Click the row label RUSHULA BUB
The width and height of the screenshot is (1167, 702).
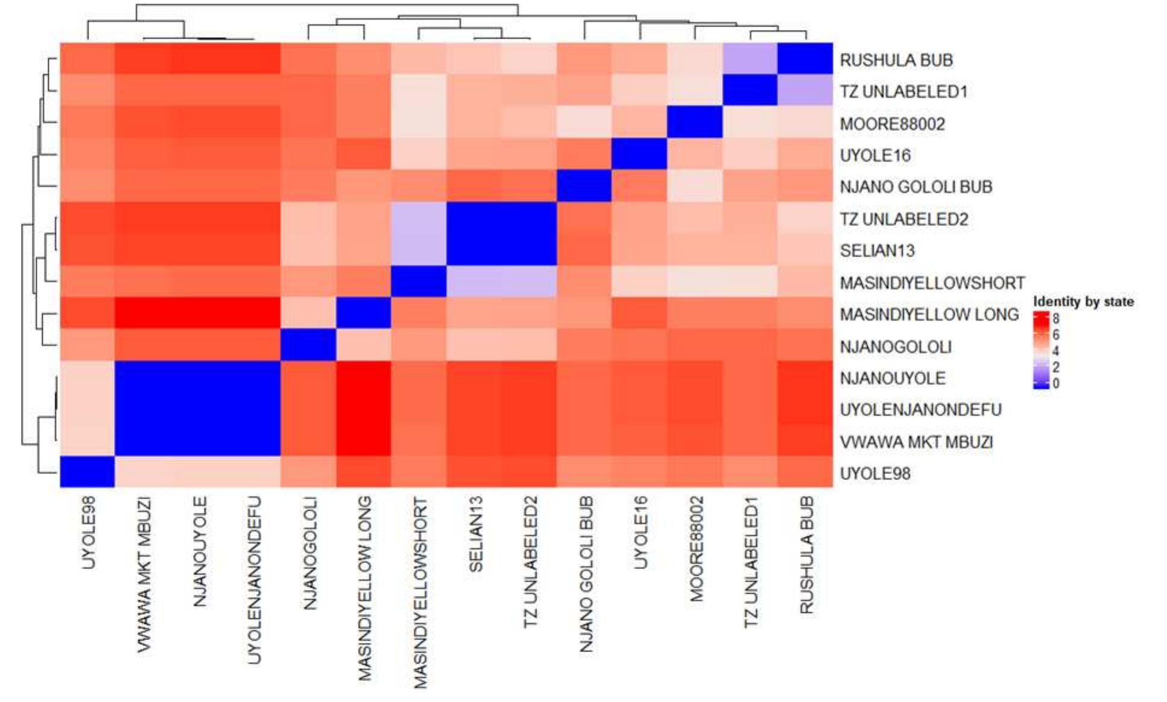click(896, 60)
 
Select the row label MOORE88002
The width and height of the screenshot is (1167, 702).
click(892, 124)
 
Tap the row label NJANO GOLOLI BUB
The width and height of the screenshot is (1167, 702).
click(915, 187)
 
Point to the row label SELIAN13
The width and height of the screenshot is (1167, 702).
click(877, 251)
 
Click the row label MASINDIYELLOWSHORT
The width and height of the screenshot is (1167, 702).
click(932, 283)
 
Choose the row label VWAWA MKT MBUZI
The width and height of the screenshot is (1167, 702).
click(915, 442)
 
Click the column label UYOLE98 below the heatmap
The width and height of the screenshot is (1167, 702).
click(88, 532)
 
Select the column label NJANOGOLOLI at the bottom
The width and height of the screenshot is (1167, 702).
click(309, 553)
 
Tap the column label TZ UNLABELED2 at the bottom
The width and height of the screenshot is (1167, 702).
click(530, 562)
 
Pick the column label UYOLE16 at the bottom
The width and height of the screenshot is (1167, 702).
click(640, 532)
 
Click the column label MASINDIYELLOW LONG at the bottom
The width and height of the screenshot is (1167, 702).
click(365, 588)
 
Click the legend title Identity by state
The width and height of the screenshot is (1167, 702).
click(1083, 301)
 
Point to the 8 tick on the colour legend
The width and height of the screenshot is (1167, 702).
click(1056, 318)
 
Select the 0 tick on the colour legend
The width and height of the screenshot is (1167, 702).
click(1056, 383)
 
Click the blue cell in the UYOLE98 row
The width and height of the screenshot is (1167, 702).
click(88, 471)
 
